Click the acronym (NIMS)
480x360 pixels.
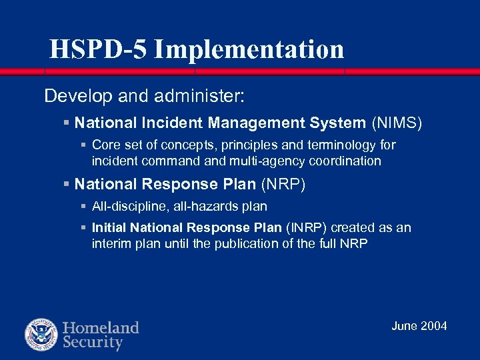(x=397, y=123)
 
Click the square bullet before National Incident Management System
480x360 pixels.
(x=66, y=123)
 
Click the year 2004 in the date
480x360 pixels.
(x=434, y=326)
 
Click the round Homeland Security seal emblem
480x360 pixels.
(x=41, y=335)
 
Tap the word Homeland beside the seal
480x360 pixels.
(x=101, y=327)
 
